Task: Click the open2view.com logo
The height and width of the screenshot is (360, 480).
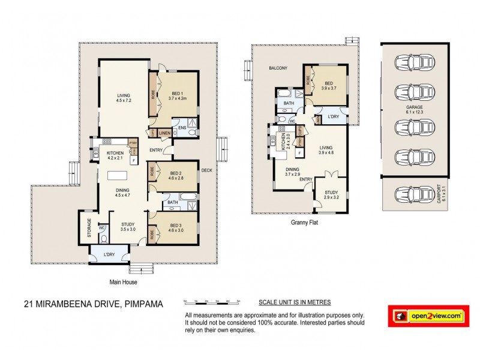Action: (428, 315)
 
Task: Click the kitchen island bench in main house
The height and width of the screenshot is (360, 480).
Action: (117, 176)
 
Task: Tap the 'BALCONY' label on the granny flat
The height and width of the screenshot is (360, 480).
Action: (278, 68)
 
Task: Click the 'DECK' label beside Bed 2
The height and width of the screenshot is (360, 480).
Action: (207, 169)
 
